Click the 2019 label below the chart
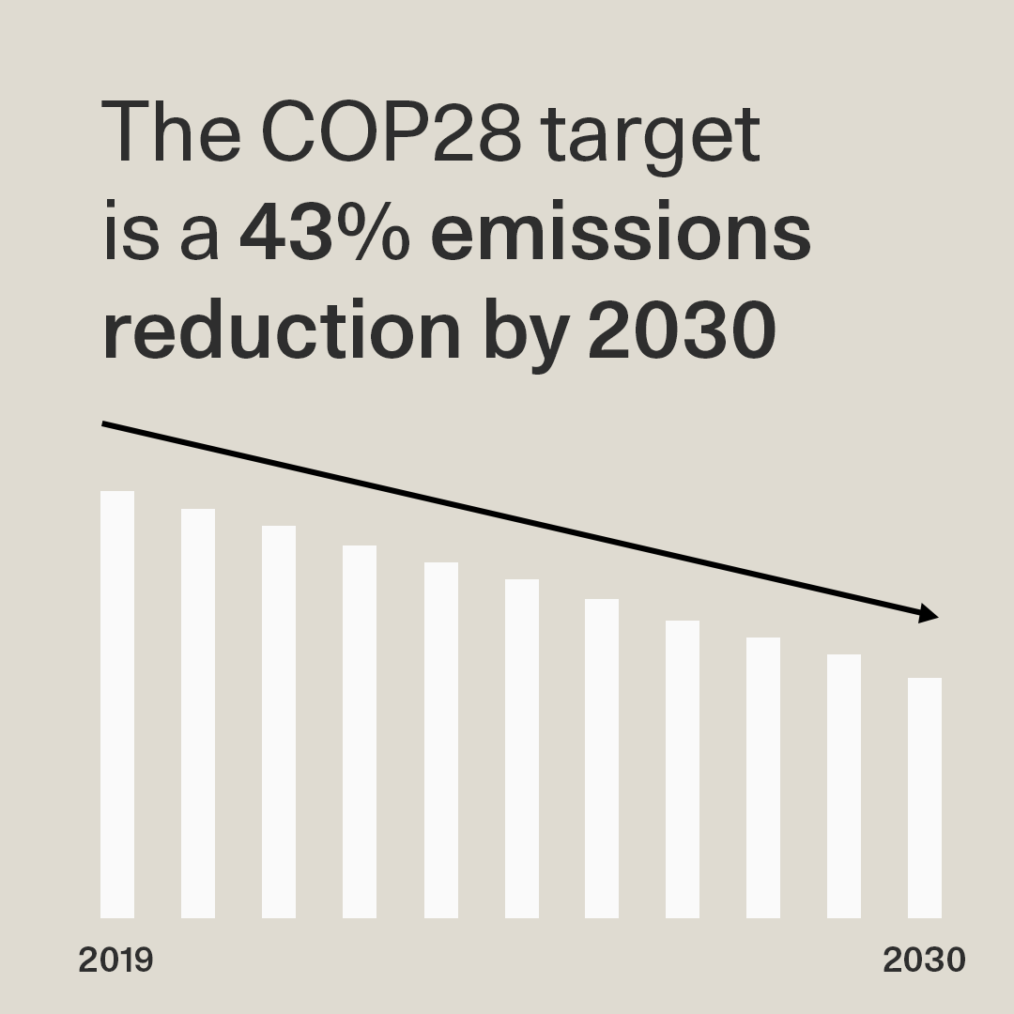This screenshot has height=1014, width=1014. [115, 960]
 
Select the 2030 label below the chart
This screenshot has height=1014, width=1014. [924, 960]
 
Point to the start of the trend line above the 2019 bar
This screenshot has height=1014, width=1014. [105, 424]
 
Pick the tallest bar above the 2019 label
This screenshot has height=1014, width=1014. [117, 704]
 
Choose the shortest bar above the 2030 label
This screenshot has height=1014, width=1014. [925, 798]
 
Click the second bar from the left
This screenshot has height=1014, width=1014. [198, 714]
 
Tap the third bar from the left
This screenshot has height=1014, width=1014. [279, 723]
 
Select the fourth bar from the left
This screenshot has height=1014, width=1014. [360, 732]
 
